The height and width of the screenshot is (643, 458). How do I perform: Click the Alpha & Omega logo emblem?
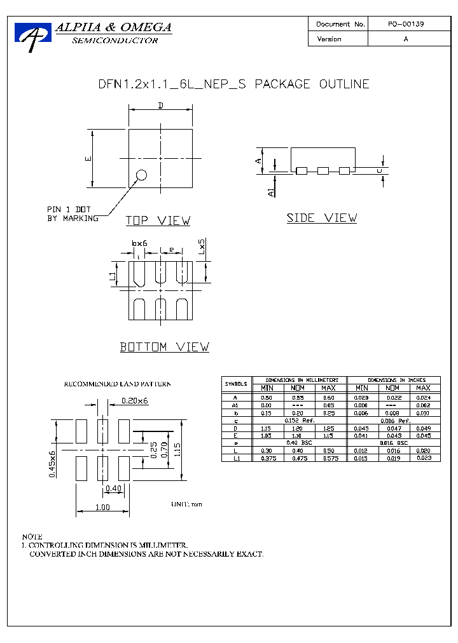click(32, 37)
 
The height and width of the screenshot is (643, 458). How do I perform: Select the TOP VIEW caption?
click(158, 221)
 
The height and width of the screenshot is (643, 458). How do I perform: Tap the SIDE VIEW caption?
click(321, 218)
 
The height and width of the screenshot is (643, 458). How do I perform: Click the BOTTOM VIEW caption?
click(165, 347)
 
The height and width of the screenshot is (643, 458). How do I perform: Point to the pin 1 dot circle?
click(141, 175)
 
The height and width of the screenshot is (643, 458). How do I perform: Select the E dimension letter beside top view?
click(88, 159)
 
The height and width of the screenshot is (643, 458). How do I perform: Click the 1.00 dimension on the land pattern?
click(102, 507)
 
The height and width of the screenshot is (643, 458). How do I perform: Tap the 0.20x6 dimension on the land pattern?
click(134, 400)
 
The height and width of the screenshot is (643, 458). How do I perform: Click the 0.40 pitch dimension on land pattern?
click(113, 488)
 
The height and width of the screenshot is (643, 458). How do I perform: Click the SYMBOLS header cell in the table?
click(236, 384)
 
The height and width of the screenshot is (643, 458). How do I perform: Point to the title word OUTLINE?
click(344, 84)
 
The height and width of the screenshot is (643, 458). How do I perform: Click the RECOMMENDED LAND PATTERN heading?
click(117, 384)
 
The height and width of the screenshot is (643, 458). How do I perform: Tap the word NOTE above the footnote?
click(32, 537)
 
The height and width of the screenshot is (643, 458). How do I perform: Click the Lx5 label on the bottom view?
click(202, 247)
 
